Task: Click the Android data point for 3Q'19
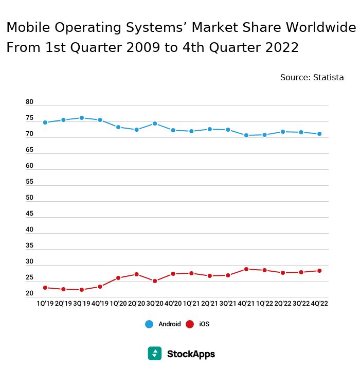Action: pos(82,118)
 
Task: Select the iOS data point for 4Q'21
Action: pos(246,269)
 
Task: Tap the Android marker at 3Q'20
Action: pos(155,124)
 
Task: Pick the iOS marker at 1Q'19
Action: pos(45,288)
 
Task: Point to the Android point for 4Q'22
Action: pos(319,134)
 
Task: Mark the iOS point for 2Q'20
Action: pos(136,274)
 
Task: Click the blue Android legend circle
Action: pos(149,324)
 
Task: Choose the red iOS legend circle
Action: pos(190,324)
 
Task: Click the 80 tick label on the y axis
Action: pos(29,102)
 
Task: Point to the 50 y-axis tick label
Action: pos(29,198)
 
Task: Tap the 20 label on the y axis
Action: pos(29,293)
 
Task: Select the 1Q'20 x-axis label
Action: pos(118,304)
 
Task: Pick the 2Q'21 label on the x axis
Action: pos(210,304)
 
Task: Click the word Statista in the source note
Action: pos(329,78)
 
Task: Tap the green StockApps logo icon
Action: pos(155,354)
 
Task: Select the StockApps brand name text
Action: pos(191,354)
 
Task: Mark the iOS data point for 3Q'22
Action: pos(301,272)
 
